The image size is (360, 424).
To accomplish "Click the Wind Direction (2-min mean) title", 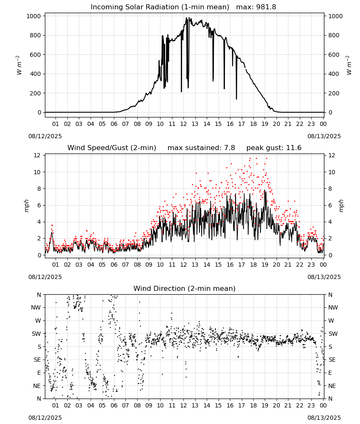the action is click(x=185, y=288).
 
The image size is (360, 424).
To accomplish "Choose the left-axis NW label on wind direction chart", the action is click(x=36, y=308).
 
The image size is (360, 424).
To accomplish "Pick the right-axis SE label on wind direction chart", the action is click(x=332, y=360).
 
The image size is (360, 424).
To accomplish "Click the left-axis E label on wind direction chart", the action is click(x=39, y=373).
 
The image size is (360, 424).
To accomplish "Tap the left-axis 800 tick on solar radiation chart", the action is click(x=36, y=36).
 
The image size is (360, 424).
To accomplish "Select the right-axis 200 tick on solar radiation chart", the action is click(x=334, y=93).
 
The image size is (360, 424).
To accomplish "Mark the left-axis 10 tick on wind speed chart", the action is click(x=37, y=172).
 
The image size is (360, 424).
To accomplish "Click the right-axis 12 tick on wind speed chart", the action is click(x=332, y=156).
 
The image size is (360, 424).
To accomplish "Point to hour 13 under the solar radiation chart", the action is click(x=195, y=124).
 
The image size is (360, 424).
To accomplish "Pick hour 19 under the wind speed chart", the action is click(x=265, y=265).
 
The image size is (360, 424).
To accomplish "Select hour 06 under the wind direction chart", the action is click(x=114, y=405).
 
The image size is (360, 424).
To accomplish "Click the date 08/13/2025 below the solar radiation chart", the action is click(x=324, y=136).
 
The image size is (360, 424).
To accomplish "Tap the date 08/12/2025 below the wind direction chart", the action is click(x=45, y=418).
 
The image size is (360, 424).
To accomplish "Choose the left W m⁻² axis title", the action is click(x=19, y=65).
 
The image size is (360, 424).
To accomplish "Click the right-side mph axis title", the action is click(x=341, y=206).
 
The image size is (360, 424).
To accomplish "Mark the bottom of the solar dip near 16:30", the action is click(x=236, y=99).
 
